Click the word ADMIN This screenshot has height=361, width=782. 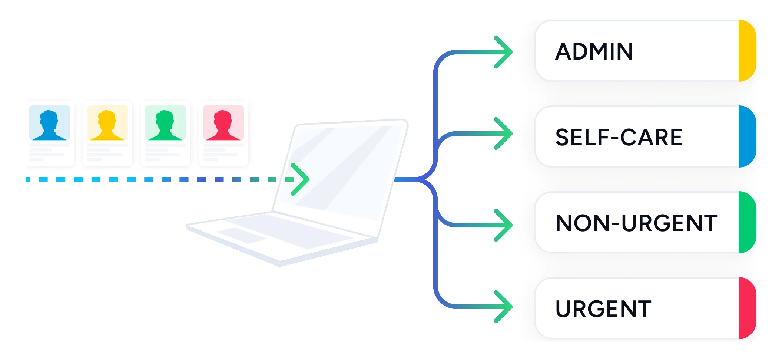tap(594, 51)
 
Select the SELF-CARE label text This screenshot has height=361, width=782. tap(619, 137)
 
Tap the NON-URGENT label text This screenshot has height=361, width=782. tap(636, 223)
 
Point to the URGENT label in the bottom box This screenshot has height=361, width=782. tap(603, 309)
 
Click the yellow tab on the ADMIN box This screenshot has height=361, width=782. tap(747, 51)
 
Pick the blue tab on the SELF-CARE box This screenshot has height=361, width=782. tap(747, 136)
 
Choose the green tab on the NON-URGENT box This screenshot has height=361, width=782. tap(747, 222)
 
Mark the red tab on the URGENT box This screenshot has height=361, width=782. tap(747, 308)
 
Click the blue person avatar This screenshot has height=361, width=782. tap(49, 125)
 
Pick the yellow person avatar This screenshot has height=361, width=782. tap(107, 125)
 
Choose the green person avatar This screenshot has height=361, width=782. tap(165, 125)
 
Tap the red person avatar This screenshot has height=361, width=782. tap(223, 125)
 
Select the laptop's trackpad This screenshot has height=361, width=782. tap(242, 235)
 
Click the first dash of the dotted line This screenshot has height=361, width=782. tap(28, 179)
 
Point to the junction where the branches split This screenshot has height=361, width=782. tap(425, 179)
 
